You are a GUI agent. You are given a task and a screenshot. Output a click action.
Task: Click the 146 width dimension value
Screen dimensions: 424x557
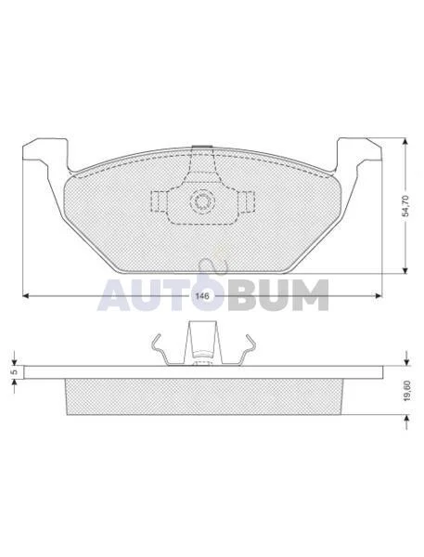coord(202,295)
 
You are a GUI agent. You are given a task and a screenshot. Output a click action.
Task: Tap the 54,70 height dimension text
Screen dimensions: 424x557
coord(406,206)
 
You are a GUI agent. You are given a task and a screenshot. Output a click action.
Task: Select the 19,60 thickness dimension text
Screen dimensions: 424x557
coord(407,391)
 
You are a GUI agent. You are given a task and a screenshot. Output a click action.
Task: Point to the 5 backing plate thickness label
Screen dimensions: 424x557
coord(14,372)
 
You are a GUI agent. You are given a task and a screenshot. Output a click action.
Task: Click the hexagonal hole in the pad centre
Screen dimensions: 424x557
coord(202,201)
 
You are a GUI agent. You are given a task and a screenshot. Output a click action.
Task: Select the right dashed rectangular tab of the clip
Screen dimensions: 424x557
coord(247,201)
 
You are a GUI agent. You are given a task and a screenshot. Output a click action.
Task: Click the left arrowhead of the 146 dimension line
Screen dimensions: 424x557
coord(26,295)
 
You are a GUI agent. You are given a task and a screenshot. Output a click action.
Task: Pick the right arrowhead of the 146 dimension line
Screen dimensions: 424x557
coord(379,295)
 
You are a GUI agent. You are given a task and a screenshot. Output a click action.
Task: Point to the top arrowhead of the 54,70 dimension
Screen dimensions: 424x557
coord(405,142)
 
